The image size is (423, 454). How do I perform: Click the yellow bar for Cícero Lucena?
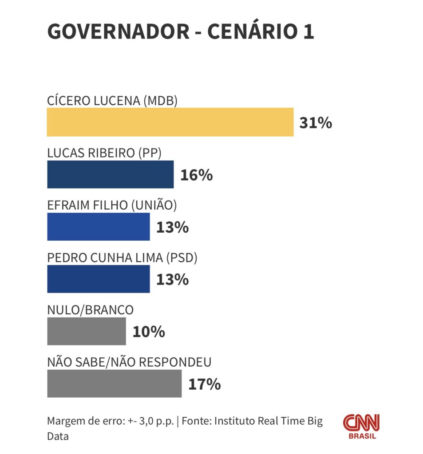point(170,122)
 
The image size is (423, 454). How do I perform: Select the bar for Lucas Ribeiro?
point(110,174)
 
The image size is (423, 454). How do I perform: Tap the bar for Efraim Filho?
point(98,227)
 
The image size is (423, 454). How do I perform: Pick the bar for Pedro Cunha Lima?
point(98,279)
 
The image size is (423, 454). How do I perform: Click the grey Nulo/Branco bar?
point(86,331)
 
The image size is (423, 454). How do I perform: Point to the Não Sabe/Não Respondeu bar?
point(114,384)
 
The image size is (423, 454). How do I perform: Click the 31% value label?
point(316,123)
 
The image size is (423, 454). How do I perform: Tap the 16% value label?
point(196,175)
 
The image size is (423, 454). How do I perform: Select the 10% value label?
point(149,332)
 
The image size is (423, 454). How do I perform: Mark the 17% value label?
point(204,384)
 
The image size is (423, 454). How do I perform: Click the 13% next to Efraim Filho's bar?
point(172,227)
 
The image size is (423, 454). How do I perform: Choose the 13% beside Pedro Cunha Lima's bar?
point(172,280)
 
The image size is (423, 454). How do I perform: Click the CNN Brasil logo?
point(361,426)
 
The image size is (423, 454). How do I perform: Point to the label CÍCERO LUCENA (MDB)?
point(112,101)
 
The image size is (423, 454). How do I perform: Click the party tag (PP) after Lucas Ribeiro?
point(150,153)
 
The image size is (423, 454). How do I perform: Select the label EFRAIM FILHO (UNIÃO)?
point(112,205)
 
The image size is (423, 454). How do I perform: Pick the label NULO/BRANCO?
point(90,310)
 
